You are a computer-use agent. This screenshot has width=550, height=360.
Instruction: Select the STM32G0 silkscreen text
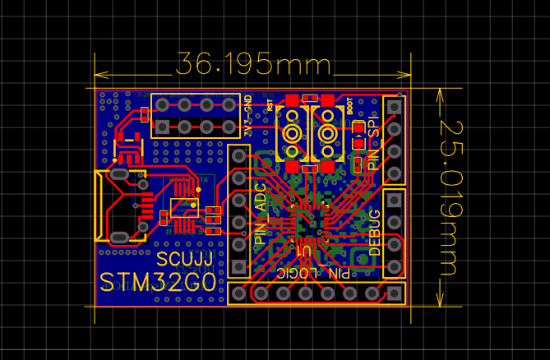[x=158, y=283]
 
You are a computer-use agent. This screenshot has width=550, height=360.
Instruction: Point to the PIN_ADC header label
[x=261, y=215]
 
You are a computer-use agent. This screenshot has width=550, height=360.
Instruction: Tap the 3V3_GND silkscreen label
[x=248, y=116]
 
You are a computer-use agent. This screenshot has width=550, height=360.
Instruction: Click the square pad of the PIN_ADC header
[x=239, y=155]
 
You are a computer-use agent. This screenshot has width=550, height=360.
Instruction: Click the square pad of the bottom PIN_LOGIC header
[x=395, y=293]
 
